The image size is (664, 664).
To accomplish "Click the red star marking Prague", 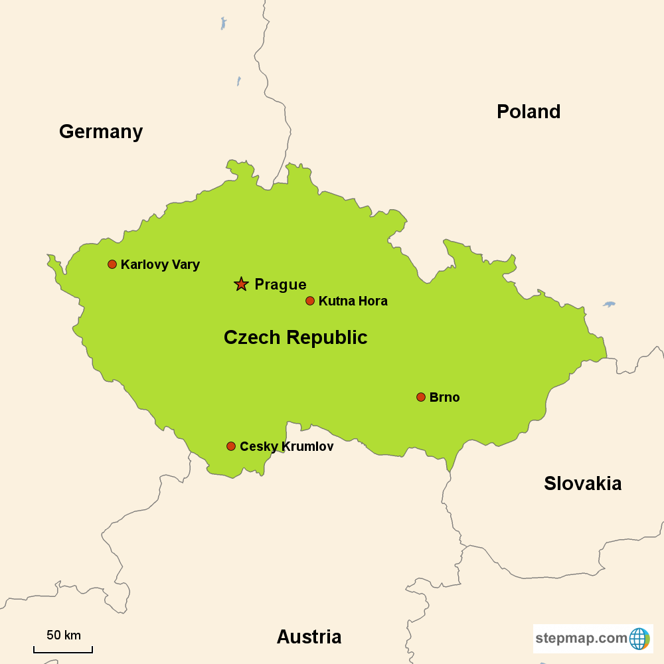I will pyautogui.click(x=241, y=284).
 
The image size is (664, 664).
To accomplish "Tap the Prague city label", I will pyautogui.click(x=280, y=285).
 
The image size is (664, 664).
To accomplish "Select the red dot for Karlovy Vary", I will pyautogui.click(x=112, y=264).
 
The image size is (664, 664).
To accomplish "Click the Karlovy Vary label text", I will pyautogui.click(x=160, y=264).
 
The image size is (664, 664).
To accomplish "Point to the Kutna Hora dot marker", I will pyautogui.click(x=309, y=301).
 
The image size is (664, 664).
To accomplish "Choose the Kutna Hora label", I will pyautogui.click(x=353, y=301).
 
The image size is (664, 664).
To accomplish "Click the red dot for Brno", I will pyautogui.click(x=420, y=397).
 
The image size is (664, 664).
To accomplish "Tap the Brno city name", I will pyautogui.click(x=444, y=398).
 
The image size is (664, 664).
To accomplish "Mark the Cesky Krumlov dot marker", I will pyautogui.click(x=231, y=446).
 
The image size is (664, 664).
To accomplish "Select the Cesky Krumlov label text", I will pyautogui.click(x=286, y=447).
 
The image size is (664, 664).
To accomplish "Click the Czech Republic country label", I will pyautogui.click(x=295, y=337).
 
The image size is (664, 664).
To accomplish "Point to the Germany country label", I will pyautogui.click(x=101, y=131).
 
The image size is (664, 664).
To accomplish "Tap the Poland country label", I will pyautogui.click(x=529, y=112).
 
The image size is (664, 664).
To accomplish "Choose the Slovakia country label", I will pyautogui.click(x=582, y=483).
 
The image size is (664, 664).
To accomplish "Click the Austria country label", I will pyautogui.click(x=309, y=637).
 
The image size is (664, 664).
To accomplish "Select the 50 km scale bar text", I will pyautogui.click(x=64, y=635).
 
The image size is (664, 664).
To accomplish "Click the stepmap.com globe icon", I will pyautogui.click(x=639, y=639).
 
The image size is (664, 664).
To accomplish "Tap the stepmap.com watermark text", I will pyautogui.click(x=581, y=639).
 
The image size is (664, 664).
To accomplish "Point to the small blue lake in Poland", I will pyautogui.click(x=610, y=304).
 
